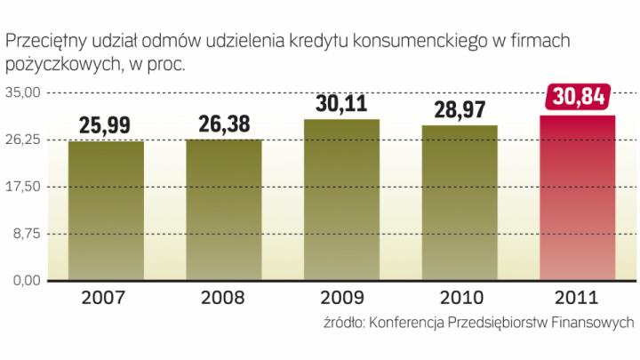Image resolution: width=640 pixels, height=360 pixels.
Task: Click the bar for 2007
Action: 106,211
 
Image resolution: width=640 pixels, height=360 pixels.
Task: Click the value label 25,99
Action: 106,125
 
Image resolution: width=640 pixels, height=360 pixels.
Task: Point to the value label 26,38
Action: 224,124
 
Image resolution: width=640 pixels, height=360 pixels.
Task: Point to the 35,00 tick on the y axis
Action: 25,92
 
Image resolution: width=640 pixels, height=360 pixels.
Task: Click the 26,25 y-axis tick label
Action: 25,140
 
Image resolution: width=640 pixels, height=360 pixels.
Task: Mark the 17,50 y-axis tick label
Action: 25,187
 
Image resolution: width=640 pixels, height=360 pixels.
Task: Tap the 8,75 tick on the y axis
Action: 28,234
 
